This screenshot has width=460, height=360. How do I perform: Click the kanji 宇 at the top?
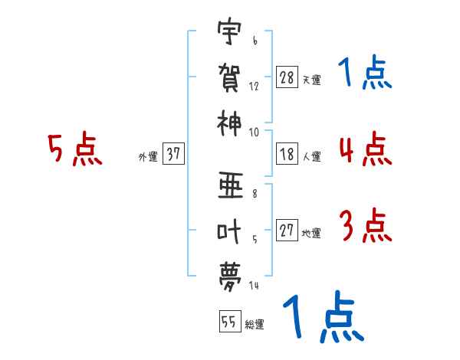tap(229, 31)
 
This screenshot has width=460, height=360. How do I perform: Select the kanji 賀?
tap(229, 77)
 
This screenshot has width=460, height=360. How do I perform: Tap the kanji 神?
tap(229, 123)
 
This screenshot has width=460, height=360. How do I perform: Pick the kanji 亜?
tap(230, 185)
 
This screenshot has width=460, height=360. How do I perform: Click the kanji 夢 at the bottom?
tap(230, 277)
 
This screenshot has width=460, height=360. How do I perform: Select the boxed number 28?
tap(287, 77)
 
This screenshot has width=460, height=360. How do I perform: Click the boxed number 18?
tap(287, 154)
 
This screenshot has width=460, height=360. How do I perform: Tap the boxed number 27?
tap(287, 230)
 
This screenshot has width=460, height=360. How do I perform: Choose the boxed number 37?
tap(173, 153)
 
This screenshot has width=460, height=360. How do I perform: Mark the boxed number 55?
tap(230, 321)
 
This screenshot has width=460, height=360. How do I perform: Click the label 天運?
tap(312, 80)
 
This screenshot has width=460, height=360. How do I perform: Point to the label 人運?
tap(312, 156)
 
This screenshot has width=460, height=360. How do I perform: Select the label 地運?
tap(311, 234)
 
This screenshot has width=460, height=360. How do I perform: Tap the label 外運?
tap(148, 157)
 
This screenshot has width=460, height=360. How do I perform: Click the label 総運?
tap(255, 324)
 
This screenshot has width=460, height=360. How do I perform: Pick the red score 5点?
tap(75, 149)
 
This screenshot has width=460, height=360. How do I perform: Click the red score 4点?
tap(366, 149)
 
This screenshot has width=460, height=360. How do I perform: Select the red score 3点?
tap(366, 225)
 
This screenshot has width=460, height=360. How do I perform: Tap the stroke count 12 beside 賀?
tap(254, 87)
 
